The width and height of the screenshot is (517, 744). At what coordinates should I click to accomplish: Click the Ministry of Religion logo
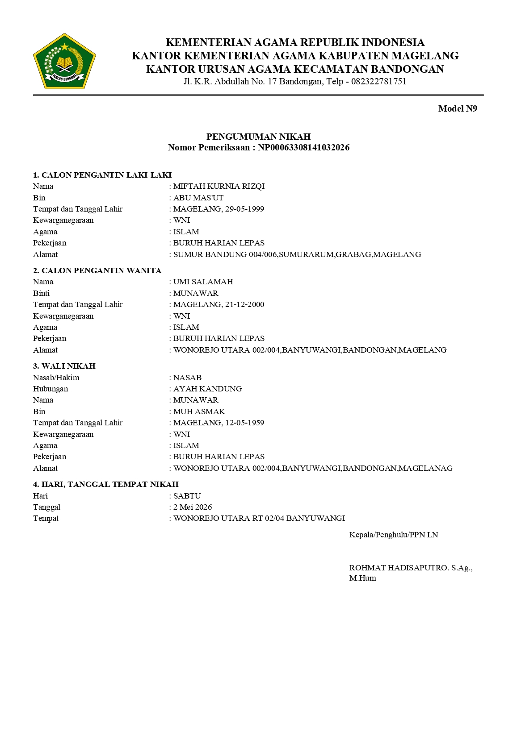pos(64,61)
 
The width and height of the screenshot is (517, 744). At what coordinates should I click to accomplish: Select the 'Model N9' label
pos(457,109)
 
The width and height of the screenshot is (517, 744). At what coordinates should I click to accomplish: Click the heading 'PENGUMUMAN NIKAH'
pos(258,137)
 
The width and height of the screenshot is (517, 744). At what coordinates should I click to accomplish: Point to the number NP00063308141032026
pos(303,148)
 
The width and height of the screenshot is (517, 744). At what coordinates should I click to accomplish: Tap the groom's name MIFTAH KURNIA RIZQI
pos(219,186)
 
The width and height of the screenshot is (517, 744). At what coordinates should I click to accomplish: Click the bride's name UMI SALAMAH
pos(203,282)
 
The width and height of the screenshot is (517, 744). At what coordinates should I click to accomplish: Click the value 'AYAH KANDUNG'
pos(207,389)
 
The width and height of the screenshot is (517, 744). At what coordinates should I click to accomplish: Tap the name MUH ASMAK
pos(199,411)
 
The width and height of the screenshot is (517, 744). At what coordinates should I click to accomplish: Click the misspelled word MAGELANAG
pos(425,468)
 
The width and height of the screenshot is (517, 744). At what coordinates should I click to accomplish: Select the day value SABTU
pos(187,496)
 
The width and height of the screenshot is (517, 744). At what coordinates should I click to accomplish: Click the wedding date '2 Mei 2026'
pos(193,507)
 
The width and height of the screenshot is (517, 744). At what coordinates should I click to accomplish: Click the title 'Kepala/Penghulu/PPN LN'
pos(393,535)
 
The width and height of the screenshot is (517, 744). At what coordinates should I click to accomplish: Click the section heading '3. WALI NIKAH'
pos(64,366)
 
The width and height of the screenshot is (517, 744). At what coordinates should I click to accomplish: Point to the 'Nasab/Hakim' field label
pos(56,378)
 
